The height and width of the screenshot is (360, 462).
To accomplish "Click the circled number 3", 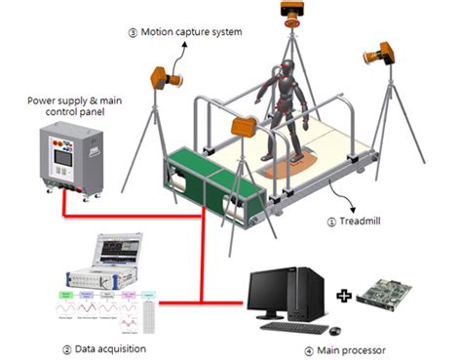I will click(133, 32).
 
